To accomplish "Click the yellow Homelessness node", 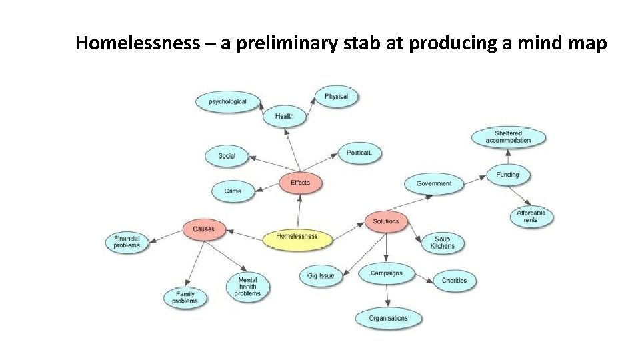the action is (x=297, y=237).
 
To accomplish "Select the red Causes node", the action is (x=203, y=229).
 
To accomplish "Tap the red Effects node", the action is (x=300, y=183).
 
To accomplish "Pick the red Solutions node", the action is (x=386, y=221).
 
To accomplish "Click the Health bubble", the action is (x=284, y=117).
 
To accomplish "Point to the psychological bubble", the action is (x=227, y=102).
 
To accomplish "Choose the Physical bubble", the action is (x=336, y=97).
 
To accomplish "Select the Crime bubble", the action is (x=233, y=191).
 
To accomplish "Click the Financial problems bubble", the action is (x=127, y=242).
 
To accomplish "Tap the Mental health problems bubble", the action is (x=247, y=286).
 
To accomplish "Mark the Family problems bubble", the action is (x=185, y=297).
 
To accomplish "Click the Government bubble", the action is (x=434, y=184).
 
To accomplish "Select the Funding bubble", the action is (x=508, y=175).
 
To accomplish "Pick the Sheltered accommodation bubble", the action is (x=509, y=137).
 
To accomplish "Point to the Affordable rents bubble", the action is (x=531, y=217).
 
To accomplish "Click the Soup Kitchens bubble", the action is (x=442, y=243).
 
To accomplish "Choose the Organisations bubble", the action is (x=388, y=318).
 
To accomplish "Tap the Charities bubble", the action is (x=454, y=281).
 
